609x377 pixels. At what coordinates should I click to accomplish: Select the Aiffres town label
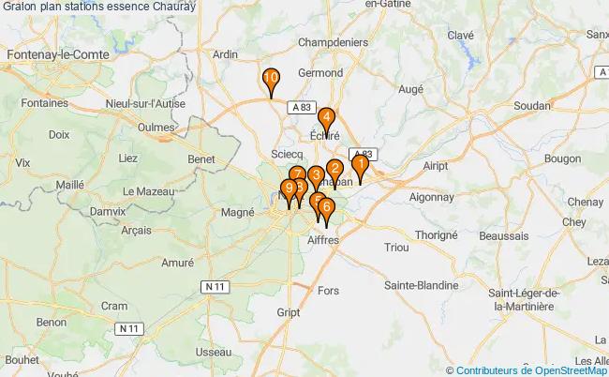323,240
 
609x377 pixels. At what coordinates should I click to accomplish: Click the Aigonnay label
432,198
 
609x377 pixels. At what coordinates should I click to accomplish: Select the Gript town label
289,311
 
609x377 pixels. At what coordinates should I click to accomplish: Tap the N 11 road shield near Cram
128,328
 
